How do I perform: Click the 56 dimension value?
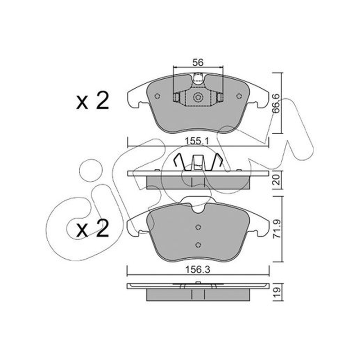coord(198,62)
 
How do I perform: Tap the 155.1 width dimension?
coord(198,141)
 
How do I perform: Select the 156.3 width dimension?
coord(198,270)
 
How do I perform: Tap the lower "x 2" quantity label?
coord(93,228)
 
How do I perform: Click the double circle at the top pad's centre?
coord(198,97)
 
